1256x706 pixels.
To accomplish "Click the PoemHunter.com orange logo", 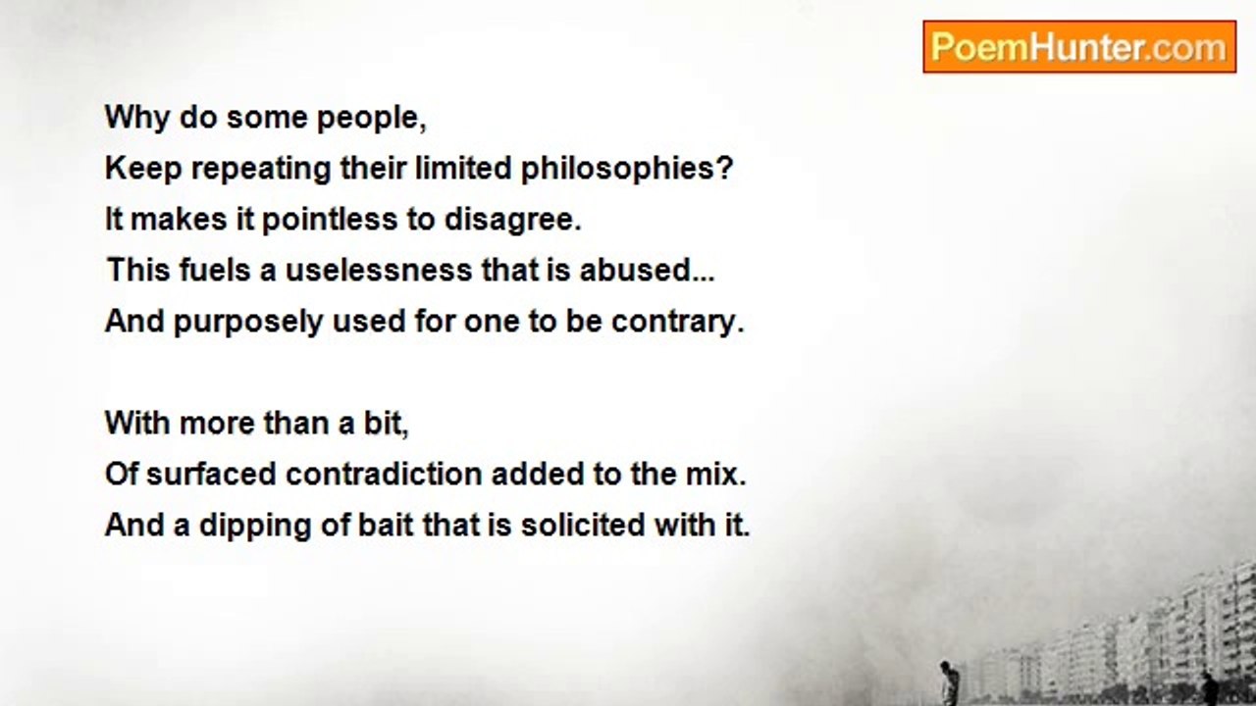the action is (1079, 47).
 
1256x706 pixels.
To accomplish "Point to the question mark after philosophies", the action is (724, 168).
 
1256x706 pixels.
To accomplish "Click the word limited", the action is (463, 168).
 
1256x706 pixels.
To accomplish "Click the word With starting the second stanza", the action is (138, 423).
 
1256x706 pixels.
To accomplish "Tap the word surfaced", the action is (211, 474).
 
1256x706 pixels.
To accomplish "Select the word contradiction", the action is (384, 474).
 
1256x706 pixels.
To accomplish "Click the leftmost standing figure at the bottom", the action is (948, 682).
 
